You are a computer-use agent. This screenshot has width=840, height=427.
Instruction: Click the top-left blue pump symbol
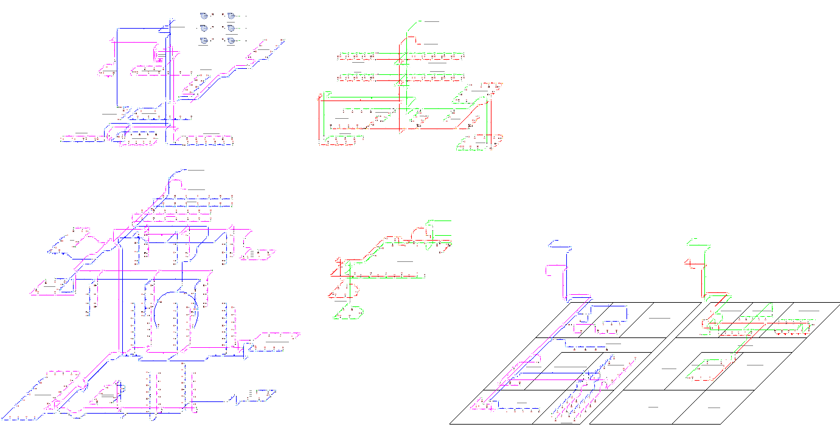click(204, 15)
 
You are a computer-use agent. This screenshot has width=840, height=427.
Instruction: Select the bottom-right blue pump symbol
click(231, 41)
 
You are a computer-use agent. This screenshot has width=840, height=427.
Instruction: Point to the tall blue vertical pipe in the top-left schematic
click(117, 67)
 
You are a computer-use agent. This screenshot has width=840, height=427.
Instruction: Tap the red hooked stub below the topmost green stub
click(412, 40)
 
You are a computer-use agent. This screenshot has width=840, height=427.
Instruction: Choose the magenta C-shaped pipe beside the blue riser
click(549, 270)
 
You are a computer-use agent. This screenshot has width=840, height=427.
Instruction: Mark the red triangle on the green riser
click(687, 263)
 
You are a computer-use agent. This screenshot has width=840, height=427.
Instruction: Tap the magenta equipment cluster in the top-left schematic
click(160, 55)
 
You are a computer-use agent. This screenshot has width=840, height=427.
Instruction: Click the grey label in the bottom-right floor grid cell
click(714, 407)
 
